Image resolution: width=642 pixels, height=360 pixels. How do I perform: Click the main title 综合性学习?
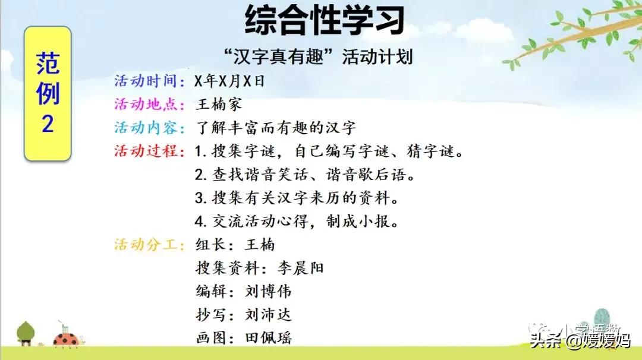[x=325, y=20]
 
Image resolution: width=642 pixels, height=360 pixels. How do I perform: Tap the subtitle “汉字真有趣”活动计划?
[x=319, y=56]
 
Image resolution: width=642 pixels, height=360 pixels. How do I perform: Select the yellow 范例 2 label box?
[x=48, y=93]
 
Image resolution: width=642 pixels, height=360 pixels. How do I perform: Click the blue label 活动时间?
[x=149, y=81]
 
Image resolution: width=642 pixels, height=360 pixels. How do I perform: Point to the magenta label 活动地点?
[x=149, y=105]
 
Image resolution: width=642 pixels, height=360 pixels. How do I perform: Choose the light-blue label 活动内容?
[x=149, y=128]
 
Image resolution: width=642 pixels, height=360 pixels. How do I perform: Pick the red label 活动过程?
[x=149, y=151]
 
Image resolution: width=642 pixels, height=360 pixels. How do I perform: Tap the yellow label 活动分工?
[x=149, y=245]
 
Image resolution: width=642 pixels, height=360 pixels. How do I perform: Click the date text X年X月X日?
[x=229, y=81]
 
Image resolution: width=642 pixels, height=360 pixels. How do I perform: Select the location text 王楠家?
[x=219, y=105]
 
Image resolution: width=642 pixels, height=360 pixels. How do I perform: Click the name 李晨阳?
[x=301, y=268]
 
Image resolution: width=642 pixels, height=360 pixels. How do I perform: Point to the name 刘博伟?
[x=268, y=291]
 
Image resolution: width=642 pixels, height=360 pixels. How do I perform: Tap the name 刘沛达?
[x=268, y=315]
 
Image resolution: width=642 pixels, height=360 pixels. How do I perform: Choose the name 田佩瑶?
[x=268, y=338]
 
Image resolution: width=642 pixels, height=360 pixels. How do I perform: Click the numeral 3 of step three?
[x=200, y=198]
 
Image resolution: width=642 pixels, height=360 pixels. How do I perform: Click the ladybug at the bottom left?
[x=67, y=340]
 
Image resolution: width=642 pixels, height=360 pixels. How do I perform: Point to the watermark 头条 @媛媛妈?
[x=580, y=340]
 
